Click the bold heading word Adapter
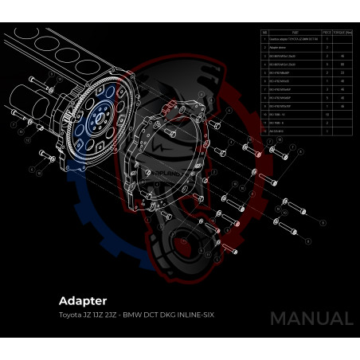(83, 301)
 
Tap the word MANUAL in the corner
(311, 319)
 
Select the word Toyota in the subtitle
(71, 315)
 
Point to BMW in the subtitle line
(133, 315)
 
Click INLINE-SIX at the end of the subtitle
(194, 315)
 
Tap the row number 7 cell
(264, 96)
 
